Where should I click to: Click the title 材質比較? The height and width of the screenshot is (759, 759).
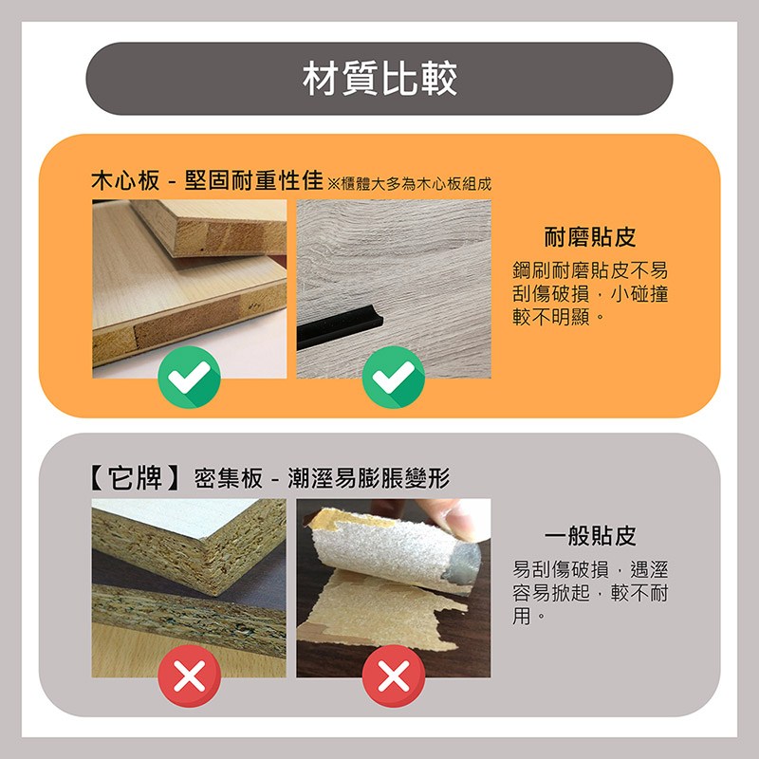tap(379, 79)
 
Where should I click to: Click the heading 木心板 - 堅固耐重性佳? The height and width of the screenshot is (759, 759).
tap(207, 182)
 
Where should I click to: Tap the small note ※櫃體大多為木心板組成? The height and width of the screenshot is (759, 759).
tap(409, 184)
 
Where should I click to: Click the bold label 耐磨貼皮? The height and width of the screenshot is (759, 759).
tap(589, 236)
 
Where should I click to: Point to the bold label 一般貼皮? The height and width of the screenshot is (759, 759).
tap(589, 536)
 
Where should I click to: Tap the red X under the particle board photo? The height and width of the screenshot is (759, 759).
tap(190, 676)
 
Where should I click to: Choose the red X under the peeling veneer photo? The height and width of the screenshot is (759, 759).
tap(394, 676)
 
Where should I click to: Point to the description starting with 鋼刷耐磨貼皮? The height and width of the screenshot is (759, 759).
tap(590, 294)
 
